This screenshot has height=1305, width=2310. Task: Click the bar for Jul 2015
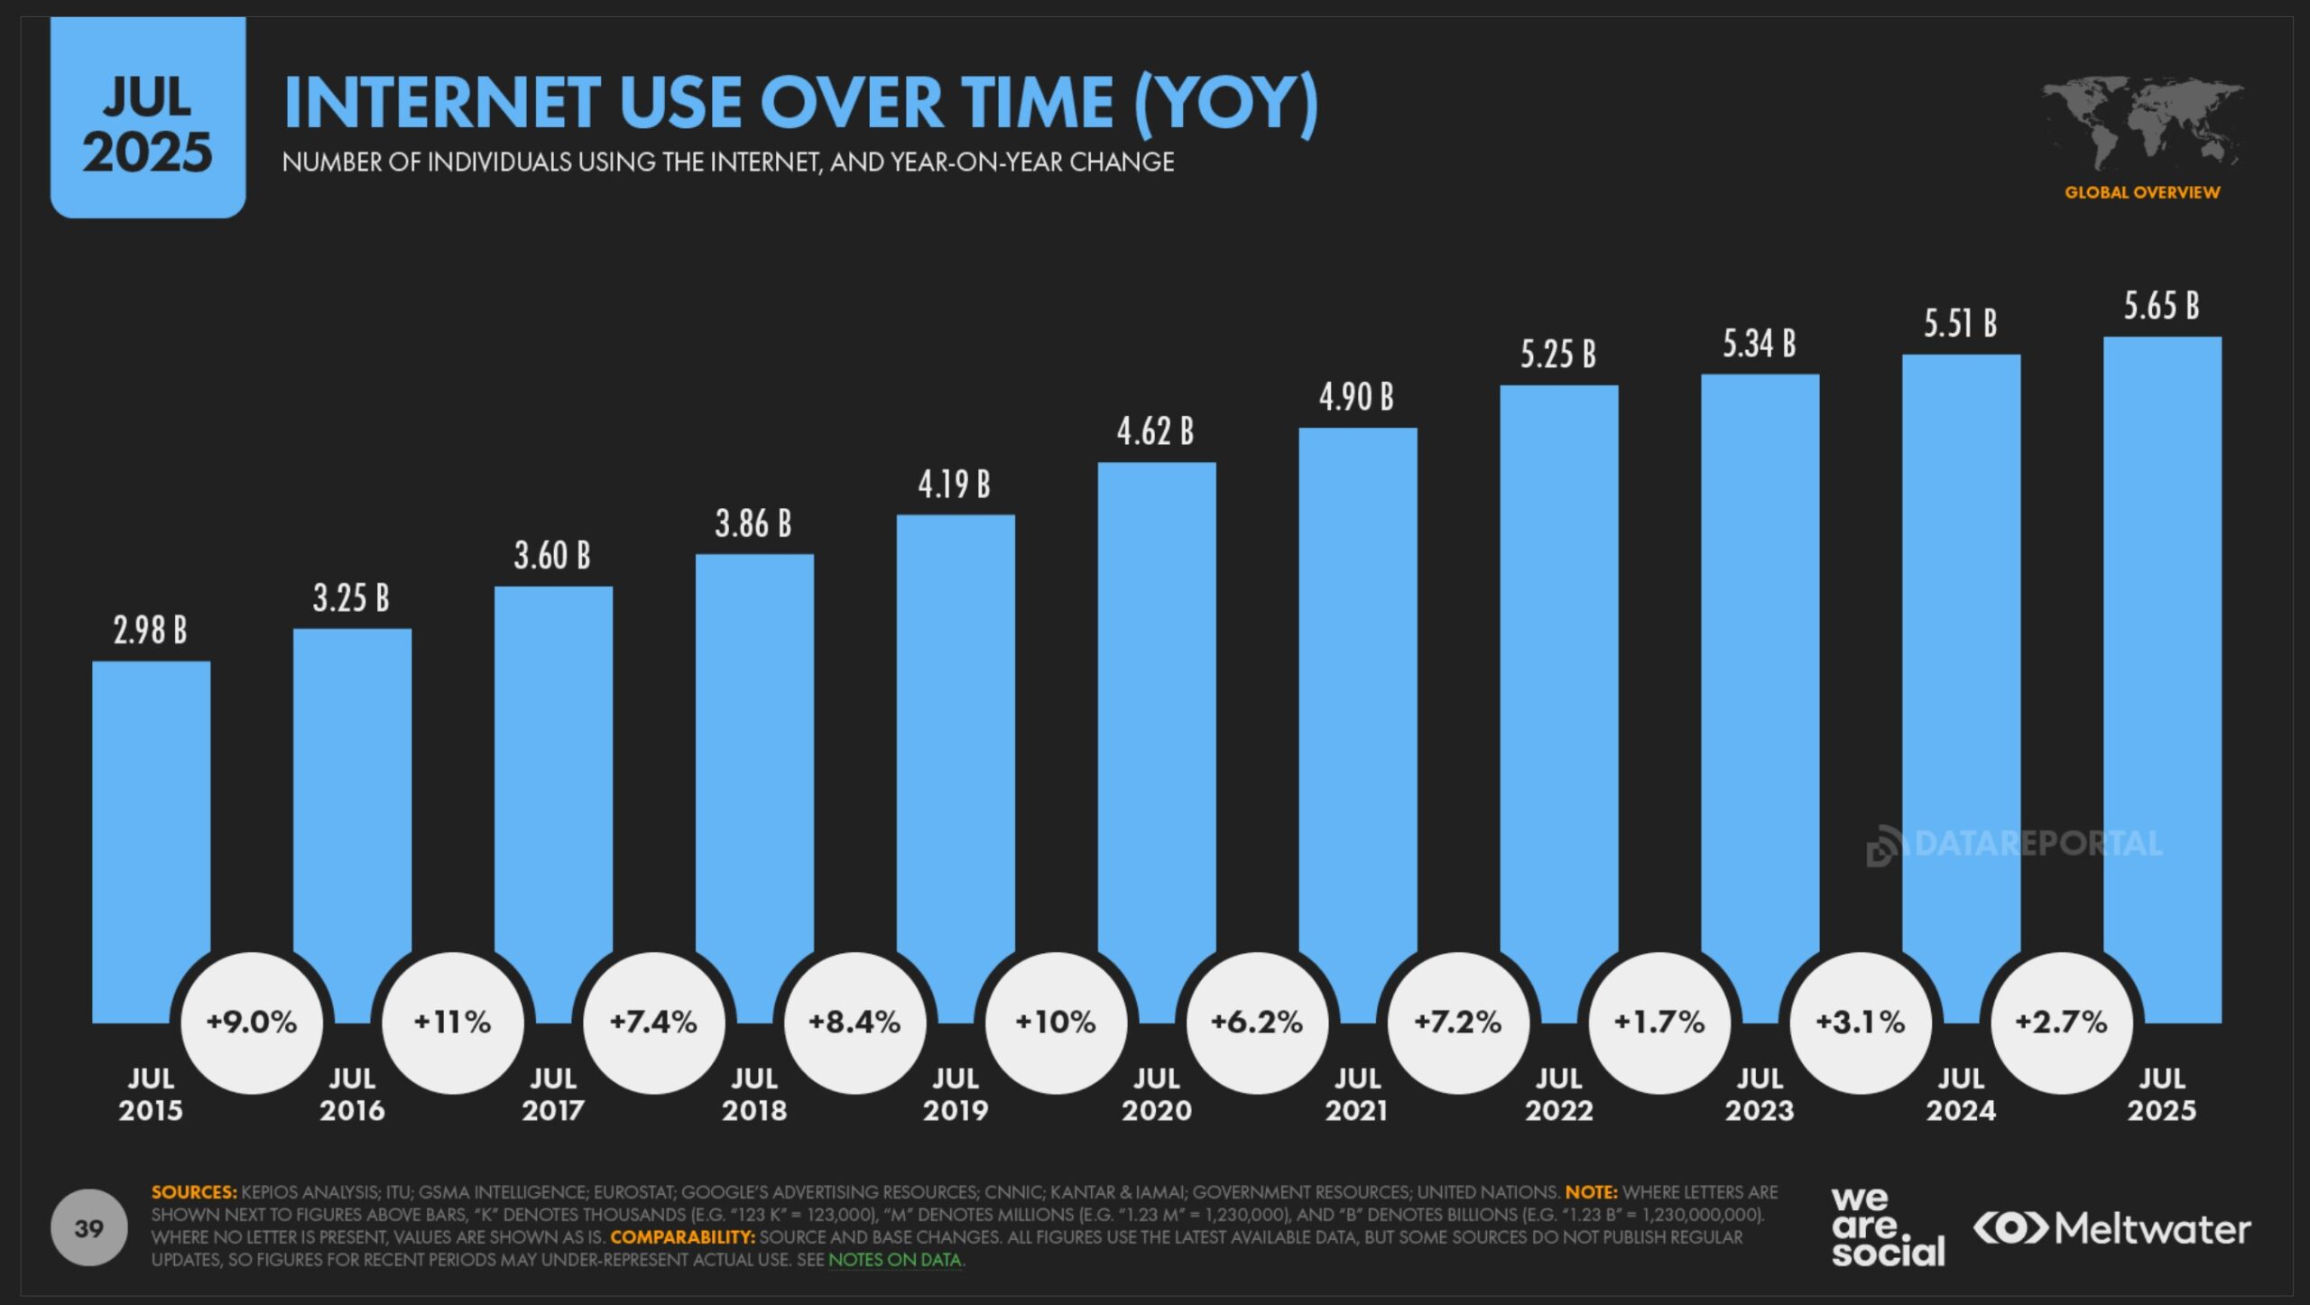pos(151,812)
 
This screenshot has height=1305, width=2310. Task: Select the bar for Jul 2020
pos(1157,704)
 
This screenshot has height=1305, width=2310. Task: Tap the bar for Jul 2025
pos(2162,650)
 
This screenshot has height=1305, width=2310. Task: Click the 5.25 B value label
pos(1558,355)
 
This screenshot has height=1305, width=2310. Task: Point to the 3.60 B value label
pos(552,556)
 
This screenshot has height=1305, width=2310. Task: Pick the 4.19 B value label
pos(955,486)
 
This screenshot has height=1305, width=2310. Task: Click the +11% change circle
pos(452,1023)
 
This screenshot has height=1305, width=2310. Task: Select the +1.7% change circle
pos(1659,1023)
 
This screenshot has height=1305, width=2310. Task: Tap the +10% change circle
pos(1056,1023)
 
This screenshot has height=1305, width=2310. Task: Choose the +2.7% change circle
pos(2062,1023)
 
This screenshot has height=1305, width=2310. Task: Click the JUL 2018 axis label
pos(754,1094)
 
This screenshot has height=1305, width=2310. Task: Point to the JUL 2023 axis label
pos(1760,1094)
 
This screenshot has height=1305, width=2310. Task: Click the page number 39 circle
pos(88,1228)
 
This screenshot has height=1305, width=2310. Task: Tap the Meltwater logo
pos(2111,1229)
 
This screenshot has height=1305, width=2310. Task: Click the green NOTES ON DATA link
pos(895,1260)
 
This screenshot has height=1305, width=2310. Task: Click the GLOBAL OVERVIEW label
pos(2142,192)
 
